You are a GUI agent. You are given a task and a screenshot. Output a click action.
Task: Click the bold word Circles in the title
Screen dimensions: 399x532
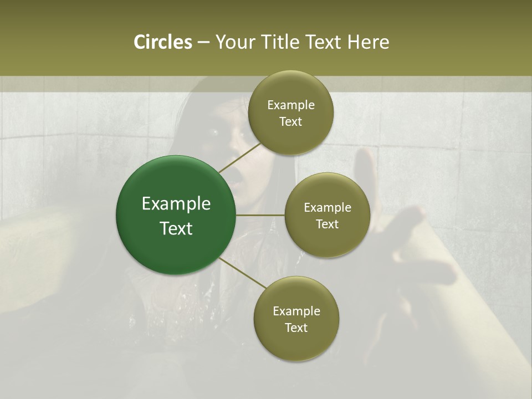tap(162, 42)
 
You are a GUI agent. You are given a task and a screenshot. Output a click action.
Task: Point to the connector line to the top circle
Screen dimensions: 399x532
tap(239, 157)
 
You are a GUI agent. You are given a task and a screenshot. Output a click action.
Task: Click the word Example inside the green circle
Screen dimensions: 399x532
tap(176, 204)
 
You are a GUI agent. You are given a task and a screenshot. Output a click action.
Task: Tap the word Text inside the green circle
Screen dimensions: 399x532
tap(176, 228)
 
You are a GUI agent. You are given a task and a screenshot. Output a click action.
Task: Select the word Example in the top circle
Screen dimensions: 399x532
tap(291, 105)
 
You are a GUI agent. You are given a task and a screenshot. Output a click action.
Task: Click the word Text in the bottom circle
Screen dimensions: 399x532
tap(296, 328)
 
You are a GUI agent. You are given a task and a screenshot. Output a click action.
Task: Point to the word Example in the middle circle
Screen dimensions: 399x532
tap(328, 208)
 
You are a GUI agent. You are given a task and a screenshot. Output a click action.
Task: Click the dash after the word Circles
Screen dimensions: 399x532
tap(203, 43)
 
